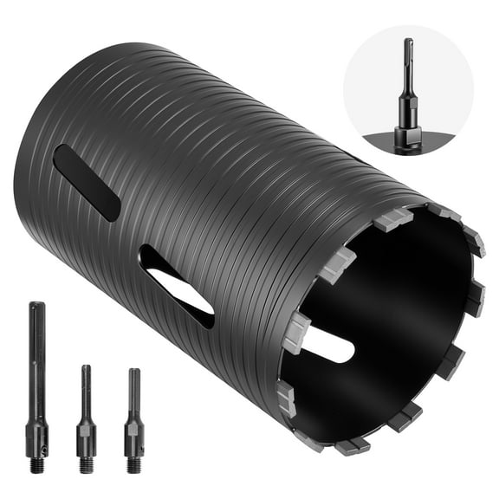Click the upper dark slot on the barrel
pos(86,182)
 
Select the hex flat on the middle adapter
pos(86,427)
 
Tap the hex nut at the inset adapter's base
pos(408,136)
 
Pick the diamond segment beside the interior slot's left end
pos(296,333)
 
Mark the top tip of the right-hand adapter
pos(133,373)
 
